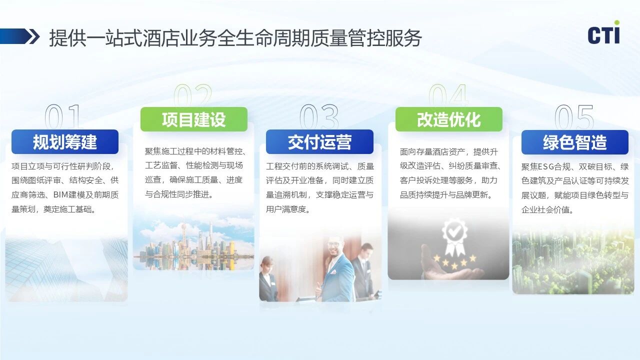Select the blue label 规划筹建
[x=65, y=141]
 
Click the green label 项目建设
[x=193, y=119]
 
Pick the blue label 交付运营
[x=319, y=141]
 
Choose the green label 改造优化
[x=449, y=119]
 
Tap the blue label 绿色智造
[x=575, y=142]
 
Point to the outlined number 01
[x=62, y=116]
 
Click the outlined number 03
[x=319, y=116]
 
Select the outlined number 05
[x=574, y=116]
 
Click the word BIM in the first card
[x=60, y=195]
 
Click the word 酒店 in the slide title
[x=161, y=37]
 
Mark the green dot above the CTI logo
[x=617, y=22]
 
